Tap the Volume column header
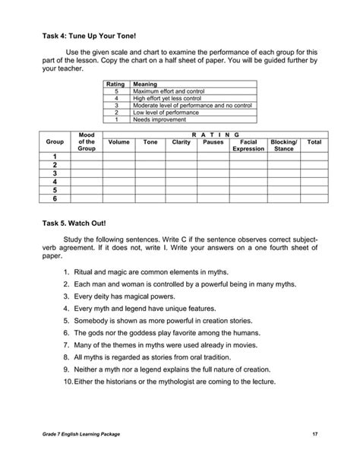tap(118, 141)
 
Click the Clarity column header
tap(181, 141)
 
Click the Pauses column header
tap(213, 141)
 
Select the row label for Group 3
tap(55, 173)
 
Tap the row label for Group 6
tap(55, 199)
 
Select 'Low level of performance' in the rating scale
tap(163, 113)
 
